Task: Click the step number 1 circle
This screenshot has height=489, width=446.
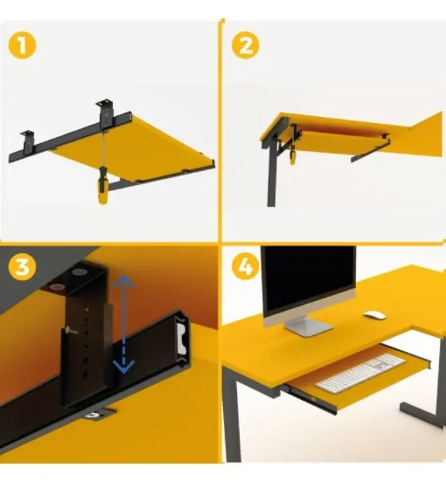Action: point(22,45)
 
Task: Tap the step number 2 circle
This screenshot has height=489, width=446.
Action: point(246,45)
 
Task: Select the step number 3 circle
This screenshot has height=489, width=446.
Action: point(22,267)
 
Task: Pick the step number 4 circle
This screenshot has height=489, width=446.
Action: point(246,267)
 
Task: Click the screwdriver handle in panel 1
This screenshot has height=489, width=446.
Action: point(103,186)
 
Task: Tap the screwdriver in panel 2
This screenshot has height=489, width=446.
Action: point(293,154)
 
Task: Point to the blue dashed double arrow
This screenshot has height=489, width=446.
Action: point(124,324)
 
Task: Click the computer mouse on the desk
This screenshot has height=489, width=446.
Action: point(375,315)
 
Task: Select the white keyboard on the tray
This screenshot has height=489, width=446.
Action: point(360,374)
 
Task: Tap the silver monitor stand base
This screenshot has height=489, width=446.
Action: point(309,326)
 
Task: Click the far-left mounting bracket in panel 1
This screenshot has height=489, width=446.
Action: point(27,141)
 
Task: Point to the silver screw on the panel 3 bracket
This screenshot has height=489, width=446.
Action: point(70,331)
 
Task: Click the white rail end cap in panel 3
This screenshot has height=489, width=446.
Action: point(182,337)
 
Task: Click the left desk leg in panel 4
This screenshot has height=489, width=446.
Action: point(232,414)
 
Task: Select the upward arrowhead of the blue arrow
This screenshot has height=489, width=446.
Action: point(124,282)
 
